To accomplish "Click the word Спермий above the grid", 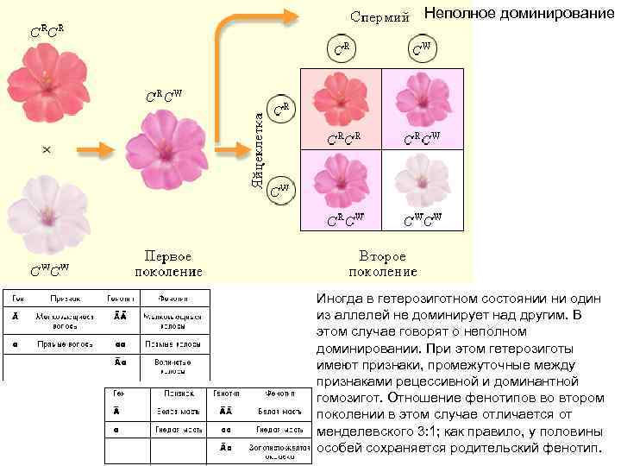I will pos(379,16).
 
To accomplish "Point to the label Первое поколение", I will pos(168,263).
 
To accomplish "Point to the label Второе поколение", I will pos(382,263).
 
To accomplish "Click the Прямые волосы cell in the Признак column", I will pos(60,343).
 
